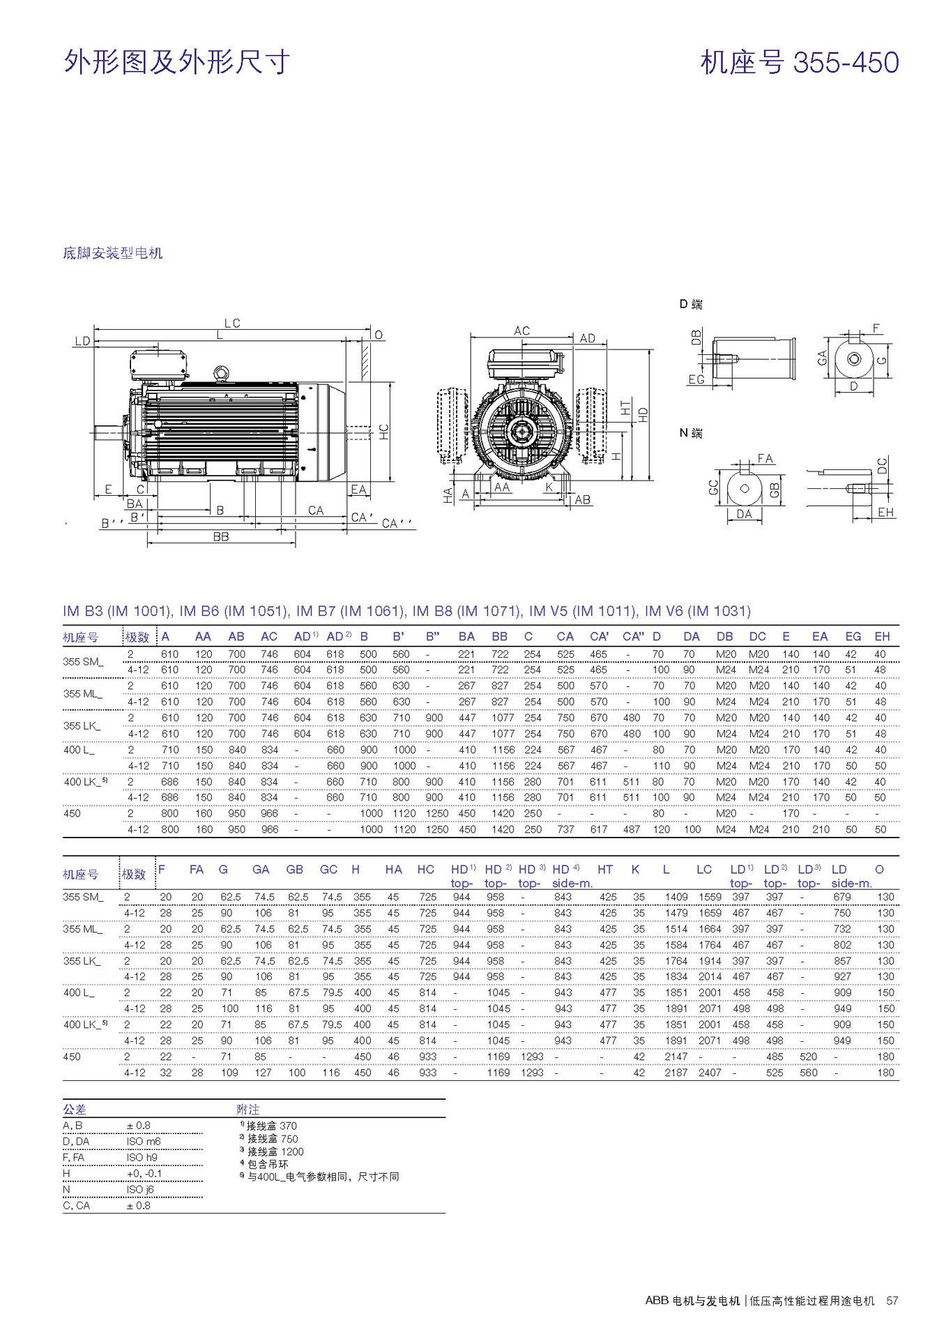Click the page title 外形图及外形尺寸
(x=176, y=63)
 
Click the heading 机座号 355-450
(x=799, y=63)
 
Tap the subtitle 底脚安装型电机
(x=112, y=253)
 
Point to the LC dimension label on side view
(x=232, y=323)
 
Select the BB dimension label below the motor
(x=221, y=537)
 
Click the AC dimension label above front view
(x=521, y=331)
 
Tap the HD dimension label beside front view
(x=643, y=414)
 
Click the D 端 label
(x=691, y=304)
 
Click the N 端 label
(x=691, y=433)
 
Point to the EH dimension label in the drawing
(x=885, y=513)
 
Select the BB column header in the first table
(x=499, y=637)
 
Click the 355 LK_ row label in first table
(x=82, y=726)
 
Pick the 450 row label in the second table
(x=72, y=1057)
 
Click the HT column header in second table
(x=604, y=870)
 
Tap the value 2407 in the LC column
(x=710, y=1073)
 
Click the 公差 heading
(x=75, y=1110)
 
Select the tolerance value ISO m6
(x=144, y=1142)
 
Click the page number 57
(x=892, y=1301)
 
